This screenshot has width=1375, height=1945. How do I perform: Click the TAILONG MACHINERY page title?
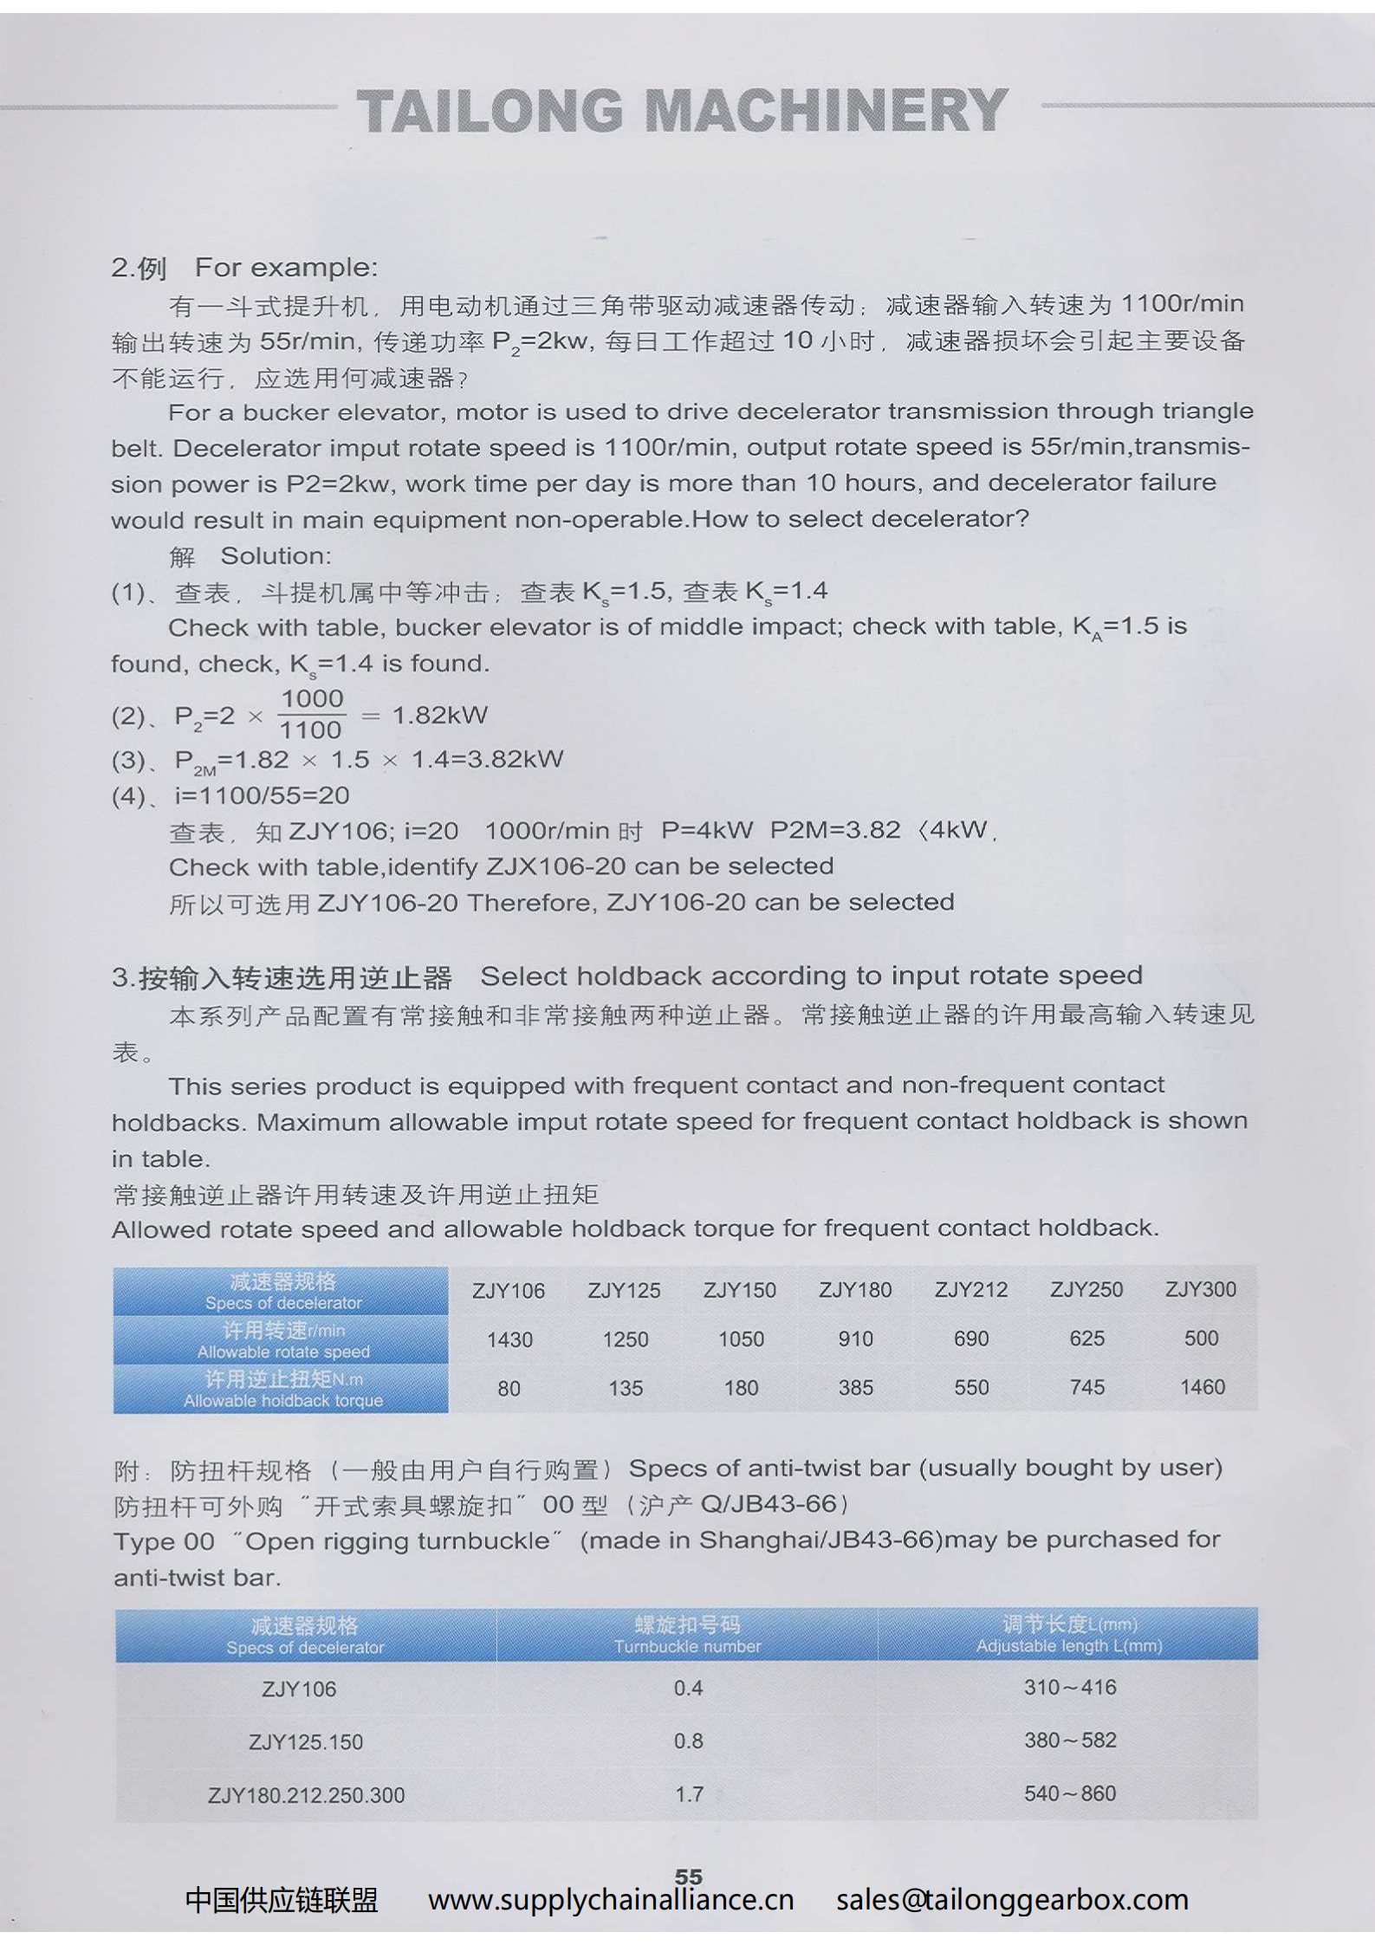[682, 111]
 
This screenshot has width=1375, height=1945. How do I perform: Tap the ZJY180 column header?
[855, 1290]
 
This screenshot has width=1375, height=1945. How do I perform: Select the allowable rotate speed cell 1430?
[509, 1339]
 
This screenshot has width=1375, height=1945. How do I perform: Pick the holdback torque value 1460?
[1202, 1387]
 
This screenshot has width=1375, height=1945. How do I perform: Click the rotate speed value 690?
[971, 1339]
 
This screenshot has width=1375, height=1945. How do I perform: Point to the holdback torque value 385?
[855, 1388]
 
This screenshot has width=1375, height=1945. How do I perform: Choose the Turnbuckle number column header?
[687, 1635]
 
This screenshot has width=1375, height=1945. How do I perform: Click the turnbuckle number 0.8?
[689, 1741]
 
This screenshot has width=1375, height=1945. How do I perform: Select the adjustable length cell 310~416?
[1070, 1687]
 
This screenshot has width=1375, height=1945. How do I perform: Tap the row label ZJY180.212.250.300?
[306, 1795]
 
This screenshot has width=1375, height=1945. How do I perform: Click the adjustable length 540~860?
[1070, 1793]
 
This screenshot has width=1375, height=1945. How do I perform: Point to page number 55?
[689, 1876]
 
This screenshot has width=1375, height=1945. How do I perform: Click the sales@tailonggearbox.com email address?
[1012, 1900]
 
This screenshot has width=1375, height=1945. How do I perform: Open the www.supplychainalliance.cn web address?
[611, 1900]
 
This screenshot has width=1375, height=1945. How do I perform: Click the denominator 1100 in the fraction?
[311, 730]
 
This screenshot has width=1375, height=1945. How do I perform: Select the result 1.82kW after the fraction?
[440, 715]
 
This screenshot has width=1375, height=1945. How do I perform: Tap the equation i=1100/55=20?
[262, 795]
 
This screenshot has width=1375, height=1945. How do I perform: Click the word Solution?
[276, 555]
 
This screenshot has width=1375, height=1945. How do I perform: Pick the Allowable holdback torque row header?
[282, 1389]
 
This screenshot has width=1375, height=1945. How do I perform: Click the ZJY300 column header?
[1201, 1289]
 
